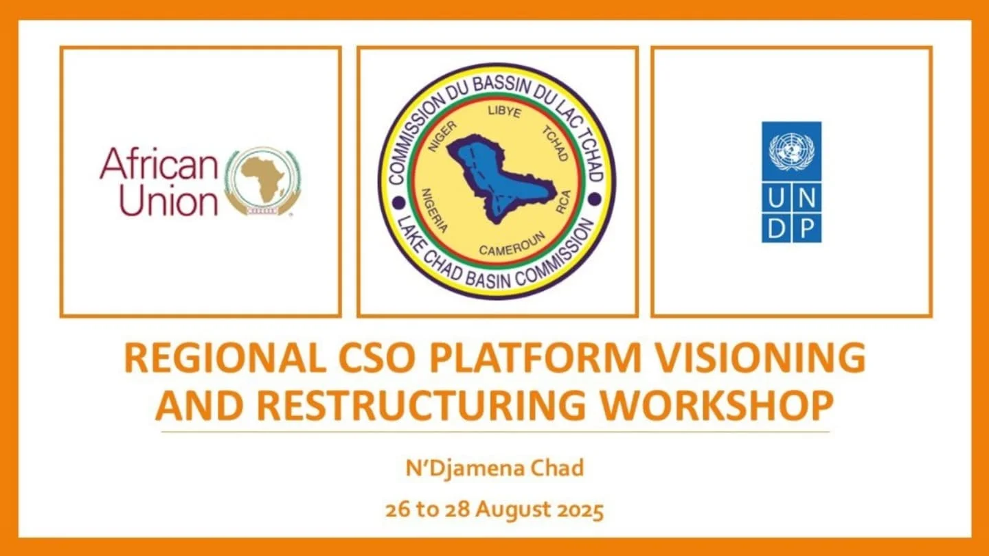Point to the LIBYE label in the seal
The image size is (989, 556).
tap(504, 111)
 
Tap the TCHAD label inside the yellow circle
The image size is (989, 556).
tap(556, 143)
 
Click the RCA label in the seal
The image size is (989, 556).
tap(563, 202)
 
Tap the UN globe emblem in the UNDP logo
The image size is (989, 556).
tap(791, 152)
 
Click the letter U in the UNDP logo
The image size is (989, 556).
tap(776, 197)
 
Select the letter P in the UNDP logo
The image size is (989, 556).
tap(806, 229)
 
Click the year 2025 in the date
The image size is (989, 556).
tap(580, 511)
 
